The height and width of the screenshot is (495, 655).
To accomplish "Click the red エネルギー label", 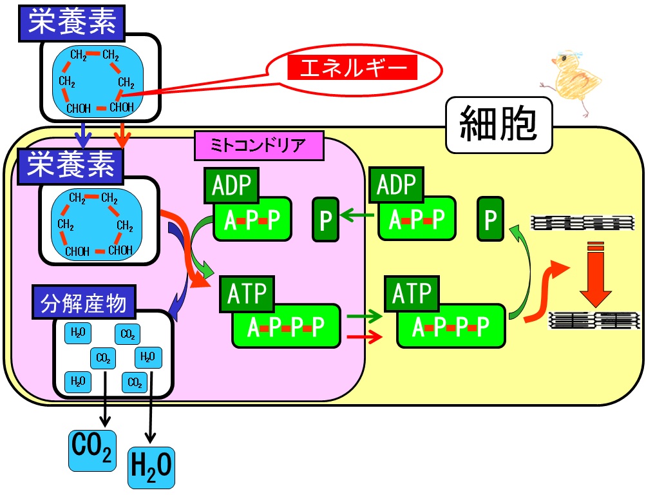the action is pyautogui.click(x=352, y=67).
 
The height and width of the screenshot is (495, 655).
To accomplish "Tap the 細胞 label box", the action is pyautogui.click(x=499, y=124).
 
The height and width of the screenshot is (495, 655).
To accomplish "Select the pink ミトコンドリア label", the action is pyautogui.click(x=259, y=146).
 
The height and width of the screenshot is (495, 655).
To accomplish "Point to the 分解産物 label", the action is pyautogui.click(x=84, y=302).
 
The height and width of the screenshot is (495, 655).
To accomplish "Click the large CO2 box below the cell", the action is pyautogui.click(x=92, y=451).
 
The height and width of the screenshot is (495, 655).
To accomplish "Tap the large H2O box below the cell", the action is pyautogui.click(x=151, y=468).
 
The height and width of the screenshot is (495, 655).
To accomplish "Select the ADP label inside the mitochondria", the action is pyautogui.click(x=231, y=186).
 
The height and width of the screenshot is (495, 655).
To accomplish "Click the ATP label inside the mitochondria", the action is pyautogui.click(x=247, y=293).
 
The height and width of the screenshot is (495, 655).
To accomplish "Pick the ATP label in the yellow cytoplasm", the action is pyautogui.click(x=412, y=293).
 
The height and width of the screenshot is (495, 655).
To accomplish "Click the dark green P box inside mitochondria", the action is pyautogui.click(x=325, y=220).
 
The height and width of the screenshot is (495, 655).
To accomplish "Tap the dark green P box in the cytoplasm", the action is pyautogui.click(x=490, y=218).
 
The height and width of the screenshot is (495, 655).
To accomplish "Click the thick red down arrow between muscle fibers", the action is pyautogui.click(x=596, y=274).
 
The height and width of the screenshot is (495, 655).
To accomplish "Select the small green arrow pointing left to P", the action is pyautogui.click(x=357, y=215).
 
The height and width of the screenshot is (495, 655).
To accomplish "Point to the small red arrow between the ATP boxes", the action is pyautogui.click(x=365, y=336).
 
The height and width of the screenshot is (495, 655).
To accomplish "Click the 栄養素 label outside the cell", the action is pyautogui.click(x=72, y=23).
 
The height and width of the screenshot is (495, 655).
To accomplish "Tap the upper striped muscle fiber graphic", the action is pyautogui.click(x=582, y=223).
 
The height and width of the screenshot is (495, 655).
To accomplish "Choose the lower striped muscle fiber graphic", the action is pyautogui.click(x=594, y=321).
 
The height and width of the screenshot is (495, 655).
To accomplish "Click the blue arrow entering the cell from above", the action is pyautogui.click(x=84, y=135).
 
